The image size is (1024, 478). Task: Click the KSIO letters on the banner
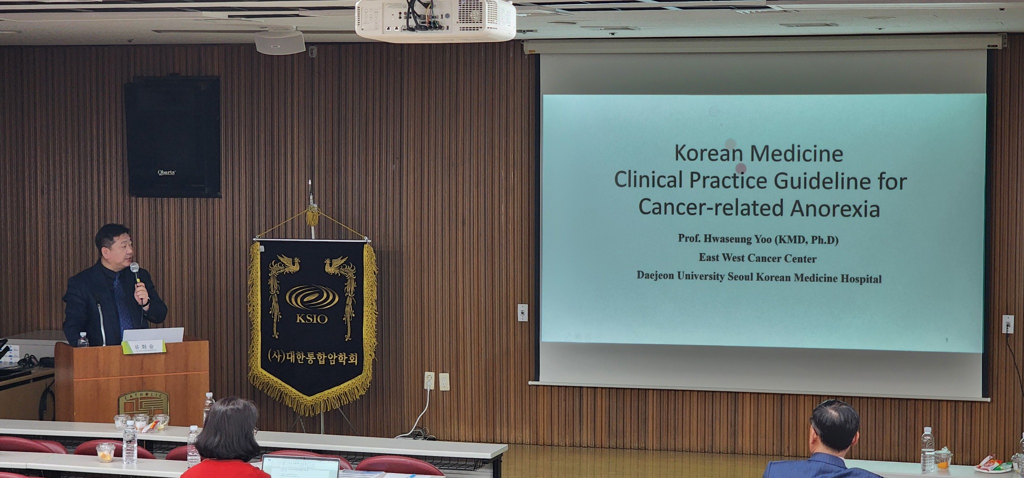pos(311,318)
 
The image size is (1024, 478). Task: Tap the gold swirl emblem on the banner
pos(311,298)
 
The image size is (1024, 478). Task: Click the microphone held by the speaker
pos(135,272)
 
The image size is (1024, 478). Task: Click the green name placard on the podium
pos(143,346)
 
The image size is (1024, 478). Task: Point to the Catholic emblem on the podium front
pos(143,404)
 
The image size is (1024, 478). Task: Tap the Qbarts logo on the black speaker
pos(166,172)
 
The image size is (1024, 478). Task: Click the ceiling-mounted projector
pos(435,20)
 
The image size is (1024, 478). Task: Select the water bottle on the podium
pos(82,340)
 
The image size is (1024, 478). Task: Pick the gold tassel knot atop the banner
pos(312,216)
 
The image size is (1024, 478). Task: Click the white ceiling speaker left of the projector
pos(279,42)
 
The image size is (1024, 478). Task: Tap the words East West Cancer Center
pos(757,258)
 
